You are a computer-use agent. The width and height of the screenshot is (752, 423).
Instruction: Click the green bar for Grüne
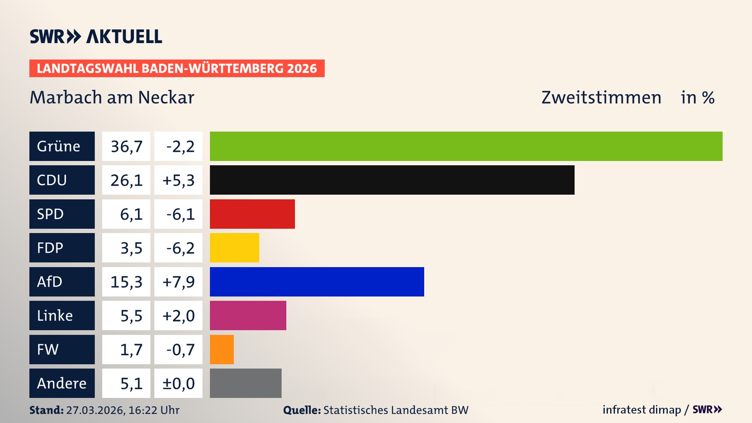pyautogui.click(x=466, y=146)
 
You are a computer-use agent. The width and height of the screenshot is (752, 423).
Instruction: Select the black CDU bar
pyautogui.click(x=392, y=180)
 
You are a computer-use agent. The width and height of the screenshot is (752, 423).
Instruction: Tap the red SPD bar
pyautogui.click(x=252, y=214)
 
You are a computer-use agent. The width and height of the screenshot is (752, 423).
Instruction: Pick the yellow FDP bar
pyautogui.click(x=234, y=248)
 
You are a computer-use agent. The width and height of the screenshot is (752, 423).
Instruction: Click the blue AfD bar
pyautogui.click(x=316, y=282)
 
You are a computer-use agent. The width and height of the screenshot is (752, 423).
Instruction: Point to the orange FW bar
pyautogui.click(x=222, y=349)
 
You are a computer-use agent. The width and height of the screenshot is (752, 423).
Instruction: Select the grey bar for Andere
pyautogui.click(x=246, y=383)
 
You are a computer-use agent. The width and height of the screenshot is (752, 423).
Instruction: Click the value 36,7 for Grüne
pyautogui.click(x=126, y=146)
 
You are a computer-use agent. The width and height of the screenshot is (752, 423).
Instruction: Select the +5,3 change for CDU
pyautogui.click(x=178, y=180)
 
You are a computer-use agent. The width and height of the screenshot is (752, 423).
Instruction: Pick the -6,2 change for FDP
pyautogui.click(x=180, y=248)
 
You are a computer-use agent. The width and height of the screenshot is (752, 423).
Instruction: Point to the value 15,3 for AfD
pyautogui.click(x=126, y=282)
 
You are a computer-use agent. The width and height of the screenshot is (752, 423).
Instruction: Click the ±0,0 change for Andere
pyautogui.click(x=178, y=383)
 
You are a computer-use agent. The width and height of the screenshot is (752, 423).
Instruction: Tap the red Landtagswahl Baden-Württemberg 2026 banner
pyautogui.click(x=177, y=69)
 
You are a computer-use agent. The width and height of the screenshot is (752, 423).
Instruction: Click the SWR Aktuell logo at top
pyautogui.click(x=96, y=36)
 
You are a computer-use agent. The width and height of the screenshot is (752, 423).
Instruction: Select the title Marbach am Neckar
pyautogui.click(x=112, y=98)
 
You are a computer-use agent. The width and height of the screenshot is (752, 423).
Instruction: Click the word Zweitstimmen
pyautogui.click(x=601, y=98)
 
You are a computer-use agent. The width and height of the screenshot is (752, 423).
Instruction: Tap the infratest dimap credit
pyautogui.click(x=642, y=410)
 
